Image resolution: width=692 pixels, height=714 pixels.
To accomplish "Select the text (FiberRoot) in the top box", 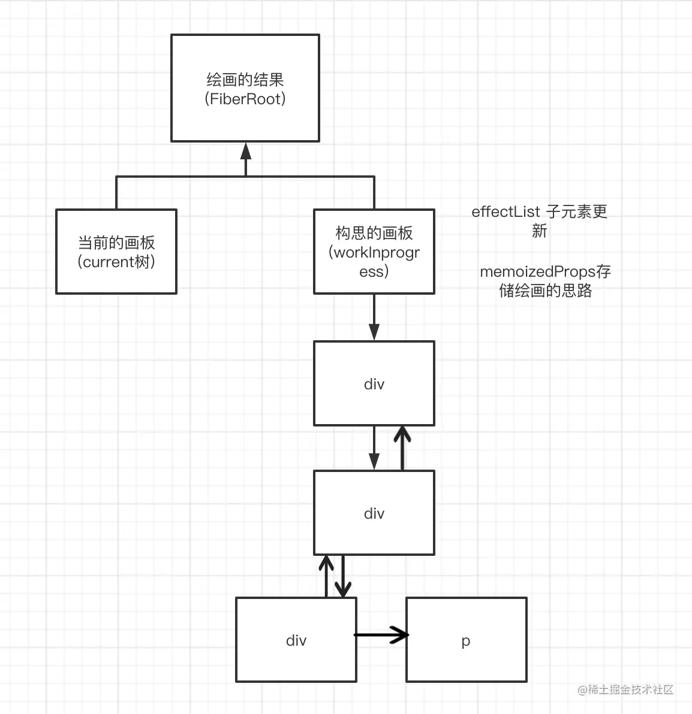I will coord(245,99).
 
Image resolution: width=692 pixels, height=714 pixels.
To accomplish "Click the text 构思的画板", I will coord(374,233).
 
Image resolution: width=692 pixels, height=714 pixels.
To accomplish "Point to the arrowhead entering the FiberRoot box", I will coord(245,151).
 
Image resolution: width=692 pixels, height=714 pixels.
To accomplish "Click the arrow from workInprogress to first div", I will coord(374,317).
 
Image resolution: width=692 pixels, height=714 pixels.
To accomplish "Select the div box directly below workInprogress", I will coord(374,383).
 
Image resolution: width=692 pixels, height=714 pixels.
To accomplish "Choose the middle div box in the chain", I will coord(374,513).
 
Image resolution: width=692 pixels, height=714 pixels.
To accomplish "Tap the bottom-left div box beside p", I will coord(296,640).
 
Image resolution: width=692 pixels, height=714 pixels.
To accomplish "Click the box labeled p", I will coord(466,640).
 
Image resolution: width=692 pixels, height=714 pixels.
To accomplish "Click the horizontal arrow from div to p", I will coord(381,634).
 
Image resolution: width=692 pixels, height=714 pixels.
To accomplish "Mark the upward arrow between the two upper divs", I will coord(402,448).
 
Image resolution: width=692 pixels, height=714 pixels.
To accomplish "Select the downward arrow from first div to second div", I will coord(374,448).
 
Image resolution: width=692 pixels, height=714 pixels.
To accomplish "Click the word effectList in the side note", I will coord(506,211).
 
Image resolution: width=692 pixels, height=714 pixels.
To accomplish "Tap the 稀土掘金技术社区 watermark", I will coord(625,689).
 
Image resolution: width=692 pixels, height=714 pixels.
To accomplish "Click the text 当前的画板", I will coord(116,243).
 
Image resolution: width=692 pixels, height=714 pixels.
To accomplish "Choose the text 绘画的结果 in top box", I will coord(245,80).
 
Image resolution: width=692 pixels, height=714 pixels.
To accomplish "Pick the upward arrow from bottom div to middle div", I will coord(326,576).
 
